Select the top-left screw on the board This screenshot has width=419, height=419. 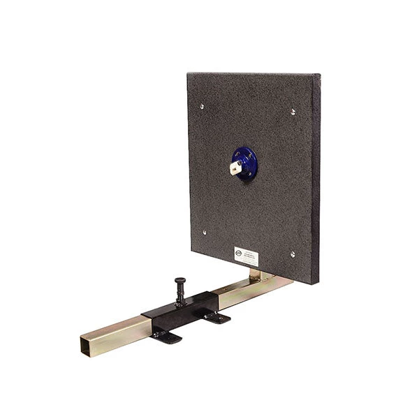coord(203,106)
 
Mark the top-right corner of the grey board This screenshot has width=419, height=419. coord(321,75)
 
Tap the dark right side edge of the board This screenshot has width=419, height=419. coord(318,182)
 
